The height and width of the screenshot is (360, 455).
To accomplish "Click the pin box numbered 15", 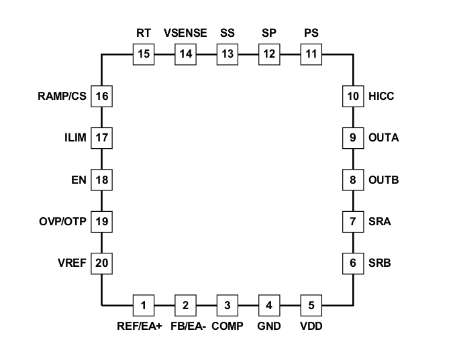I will [x=144, y=54].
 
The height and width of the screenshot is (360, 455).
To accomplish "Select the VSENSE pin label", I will [x=185, y=32].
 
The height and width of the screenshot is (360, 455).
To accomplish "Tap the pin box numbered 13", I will [x=227, y=54].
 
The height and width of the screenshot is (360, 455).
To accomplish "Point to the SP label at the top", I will [x=269, y=32].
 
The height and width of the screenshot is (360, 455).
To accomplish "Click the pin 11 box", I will [x=311, y=54].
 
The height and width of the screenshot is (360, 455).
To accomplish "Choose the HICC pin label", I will [x=381, y=96].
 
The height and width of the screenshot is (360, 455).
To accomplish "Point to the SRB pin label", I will [x=379, y=263].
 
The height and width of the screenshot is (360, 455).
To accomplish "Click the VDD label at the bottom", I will [x=311, y=326].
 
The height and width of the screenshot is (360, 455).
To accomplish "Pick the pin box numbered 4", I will [x=269, y=306].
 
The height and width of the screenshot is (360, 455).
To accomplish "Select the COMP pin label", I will [x=227, y=326].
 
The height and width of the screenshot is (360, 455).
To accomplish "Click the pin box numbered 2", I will [x=185, y=306].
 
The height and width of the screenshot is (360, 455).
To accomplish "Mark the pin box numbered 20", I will [x=102, y=263].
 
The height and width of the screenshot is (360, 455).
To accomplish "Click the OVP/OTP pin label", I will [x=64, y=221].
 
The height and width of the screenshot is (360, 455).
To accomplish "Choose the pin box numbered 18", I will [x=102, y=180].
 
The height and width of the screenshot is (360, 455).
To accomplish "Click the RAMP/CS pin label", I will [x=60, y=96].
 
